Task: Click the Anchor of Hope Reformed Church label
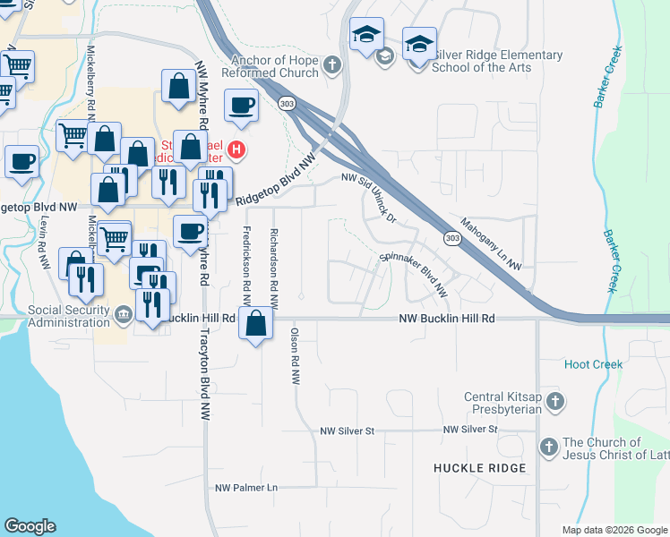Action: [275, 66]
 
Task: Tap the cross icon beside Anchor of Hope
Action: [331, 64]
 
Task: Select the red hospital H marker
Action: [236, 149]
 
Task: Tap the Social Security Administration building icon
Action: [124, 311]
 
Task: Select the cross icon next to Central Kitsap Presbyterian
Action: [555, 403]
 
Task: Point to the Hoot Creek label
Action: [593, 364]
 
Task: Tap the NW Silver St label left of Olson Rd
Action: [348, 431]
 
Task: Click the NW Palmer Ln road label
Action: [247, 488]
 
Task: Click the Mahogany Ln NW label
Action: [490, 243]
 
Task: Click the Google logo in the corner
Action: [30, 526]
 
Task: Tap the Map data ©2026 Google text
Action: [614, 530]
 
